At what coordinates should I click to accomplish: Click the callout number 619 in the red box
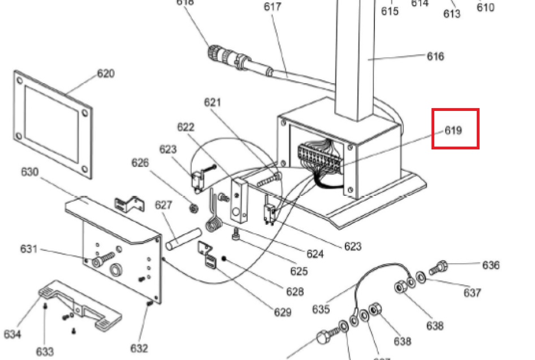[x=453, y=131]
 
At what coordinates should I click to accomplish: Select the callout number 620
[x=105, y=74]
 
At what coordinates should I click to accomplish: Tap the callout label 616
[x=435, y=56]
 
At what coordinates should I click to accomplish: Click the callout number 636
[x=491, y=265]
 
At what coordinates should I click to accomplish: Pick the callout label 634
[x=12, y=334]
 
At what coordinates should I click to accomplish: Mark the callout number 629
[x=282, y=312]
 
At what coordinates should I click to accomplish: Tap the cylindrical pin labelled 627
[x=184, y=237]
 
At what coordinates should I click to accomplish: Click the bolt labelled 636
[x=439, y=267]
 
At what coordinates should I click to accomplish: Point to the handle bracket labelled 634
[x=79, y=303]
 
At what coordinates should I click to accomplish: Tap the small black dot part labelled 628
[x=224, y=259]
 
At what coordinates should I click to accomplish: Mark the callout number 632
[x=139, y=348]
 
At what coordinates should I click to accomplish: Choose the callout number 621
[x=213, y=102]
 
